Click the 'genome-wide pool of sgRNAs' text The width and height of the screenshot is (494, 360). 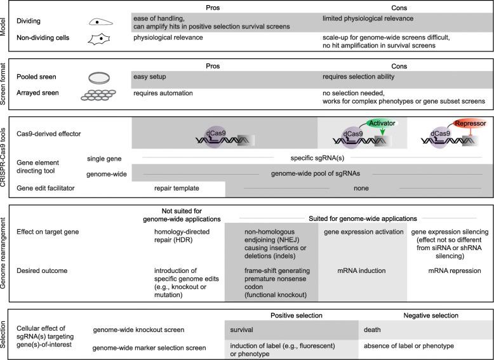point(310,172)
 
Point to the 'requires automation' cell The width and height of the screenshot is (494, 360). point(163,93)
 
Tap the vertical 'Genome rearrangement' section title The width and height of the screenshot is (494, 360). point(6,253)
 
